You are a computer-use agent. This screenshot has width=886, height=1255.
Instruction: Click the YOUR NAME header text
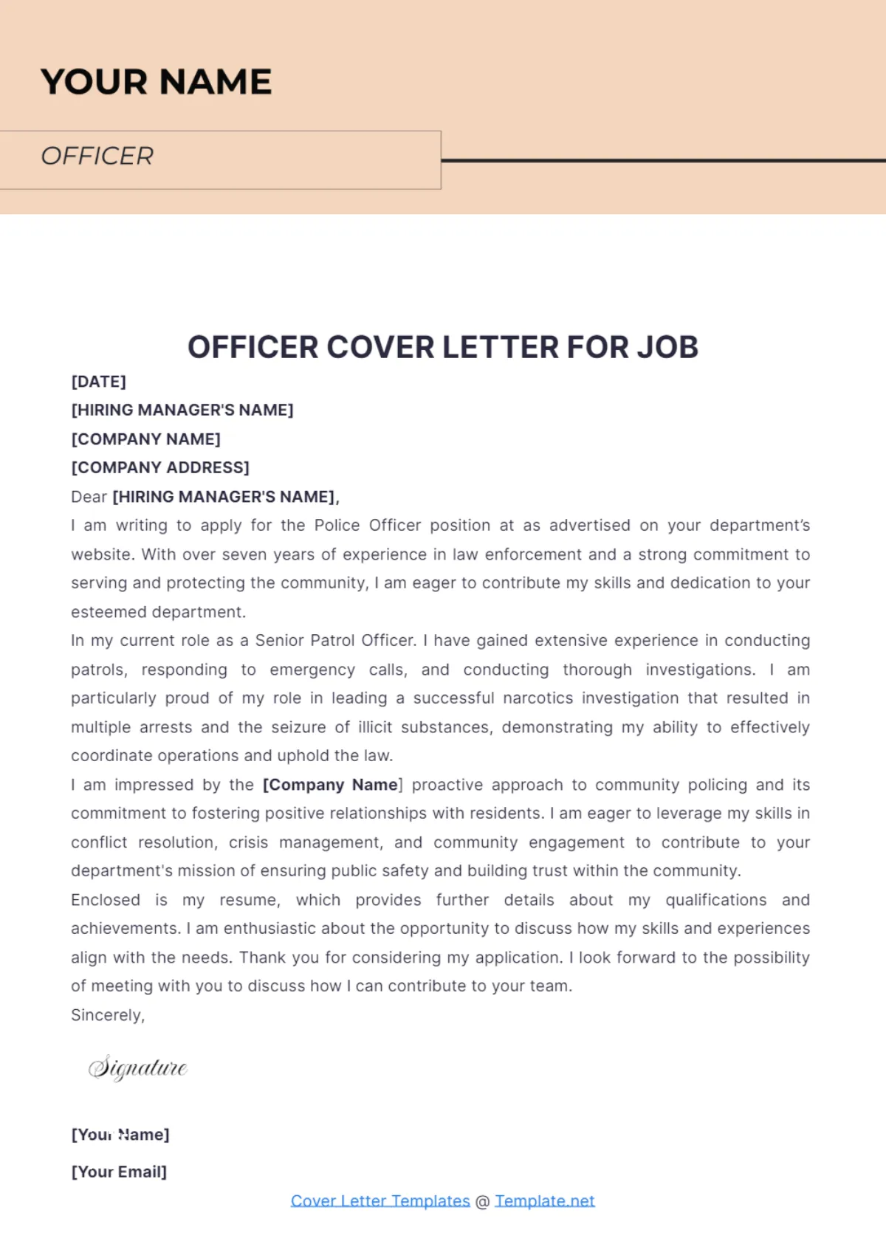[x=156, y=82]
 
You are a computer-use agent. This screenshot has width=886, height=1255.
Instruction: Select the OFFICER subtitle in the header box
[x=97, y=157]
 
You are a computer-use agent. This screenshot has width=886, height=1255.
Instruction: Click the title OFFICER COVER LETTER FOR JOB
[x=443, y=347]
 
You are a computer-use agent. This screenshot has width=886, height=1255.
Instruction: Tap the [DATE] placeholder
[x=98, y=382]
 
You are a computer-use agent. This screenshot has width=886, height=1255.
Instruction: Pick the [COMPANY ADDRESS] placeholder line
[x=160, y=468]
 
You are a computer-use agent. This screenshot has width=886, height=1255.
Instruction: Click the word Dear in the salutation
[x=89, y=497]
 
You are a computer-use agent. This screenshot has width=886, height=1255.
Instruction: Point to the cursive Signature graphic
[x=138, y=1067]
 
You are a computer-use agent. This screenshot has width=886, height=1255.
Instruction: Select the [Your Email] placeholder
[x=119, y=1172]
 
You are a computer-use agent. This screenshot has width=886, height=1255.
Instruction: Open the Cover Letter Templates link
[x=380, y=1201]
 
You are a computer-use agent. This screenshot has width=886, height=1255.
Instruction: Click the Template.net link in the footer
[x=545, y=1201]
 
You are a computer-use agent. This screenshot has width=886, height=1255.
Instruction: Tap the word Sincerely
[x=108, y=1015]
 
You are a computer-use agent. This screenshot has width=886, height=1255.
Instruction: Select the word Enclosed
[x=106, y=900]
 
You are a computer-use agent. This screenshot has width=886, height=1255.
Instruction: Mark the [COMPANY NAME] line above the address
[x=145, y=439]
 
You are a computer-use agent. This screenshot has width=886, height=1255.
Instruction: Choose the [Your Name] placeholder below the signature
[x=120, y=1135]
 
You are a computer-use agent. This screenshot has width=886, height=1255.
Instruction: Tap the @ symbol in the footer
[x=482, y=1202]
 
